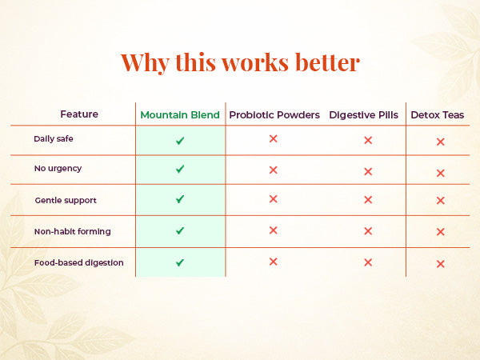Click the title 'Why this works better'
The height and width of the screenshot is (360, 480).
(240, 62)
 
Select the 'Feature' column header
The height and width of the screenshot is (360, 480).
(79, 114)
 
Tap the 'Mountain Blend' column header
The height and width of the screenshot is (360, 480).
(180, 115)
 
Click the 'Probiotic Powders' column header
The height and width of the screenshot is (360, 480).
(274, 115)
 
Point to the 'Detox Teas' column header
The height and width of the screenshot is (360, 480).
(438, 115)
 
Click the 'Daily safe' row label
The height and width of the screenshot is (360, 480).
(54, 139)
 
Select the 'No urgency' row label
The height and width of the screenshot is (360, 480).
(58, 169)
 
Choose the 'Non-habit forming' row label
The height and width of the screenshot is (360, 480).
(72, 231)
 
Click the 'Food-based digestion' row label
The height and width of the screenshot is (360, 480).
(78, 262)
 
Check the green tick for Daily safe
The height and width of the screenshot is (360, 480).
(180, 141)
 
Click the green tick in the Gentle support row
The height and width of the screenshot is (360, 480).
(180, 199)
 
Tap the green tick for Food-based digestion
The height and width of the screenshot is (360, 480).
(180, 262)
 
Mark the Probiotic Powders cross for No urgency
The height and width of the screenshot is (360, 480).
(273, 170)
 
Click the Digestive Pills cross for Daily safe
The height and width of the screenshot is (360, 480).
(368, 140)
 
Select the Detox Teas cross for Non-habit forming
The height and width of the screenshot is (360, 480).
(440, 232)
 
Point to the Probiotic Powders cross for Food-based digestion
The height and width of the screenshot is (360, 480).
(273, 262)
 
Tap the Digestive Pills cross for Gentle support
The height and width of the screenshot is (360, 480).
(368, 200)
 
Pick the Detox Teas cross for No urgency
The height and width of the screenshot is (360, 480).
(440, 173)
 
